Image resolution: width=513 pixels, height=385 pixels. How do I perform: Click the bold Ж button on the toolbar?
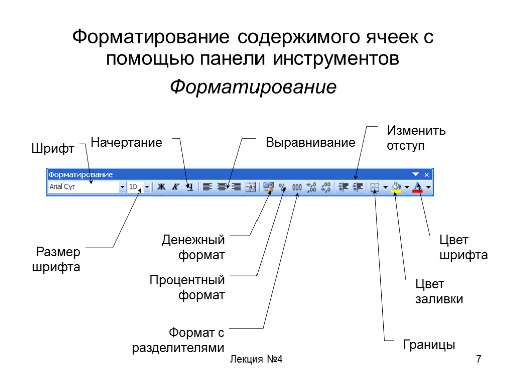tap(161, 187)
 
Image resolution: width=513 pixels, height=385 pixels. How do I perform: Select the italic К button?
tap(175, 187)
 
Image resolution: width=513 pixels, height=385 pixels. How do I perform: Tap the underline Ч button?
tap(189, 187)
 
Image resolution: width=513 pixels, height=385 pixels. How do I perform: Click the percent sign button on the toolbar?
tap(282, 187)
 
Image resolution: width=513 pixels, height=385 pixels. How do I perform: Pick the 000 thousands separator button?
tap(297, 187)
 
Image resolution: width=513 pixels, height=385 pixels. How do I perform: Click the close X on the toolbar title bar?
tap(427, 174)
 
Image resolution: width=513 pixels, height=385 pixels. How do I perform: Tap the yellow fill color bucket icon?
tap(396, 187)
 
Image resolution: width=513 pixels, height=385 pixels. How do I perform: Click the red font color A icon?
tap(418, 187)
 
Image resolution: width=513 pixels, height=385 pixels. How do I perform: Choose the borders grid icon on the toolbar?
tap(374, 187)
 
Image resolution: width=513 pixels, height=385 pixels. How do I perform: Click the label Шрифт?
tap(53, 149)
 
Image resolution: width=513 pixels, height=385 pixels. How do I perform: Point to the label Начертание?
tap(126, 143)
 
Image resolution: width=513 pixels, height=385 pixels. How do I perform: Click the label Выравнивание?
tap(310, 143)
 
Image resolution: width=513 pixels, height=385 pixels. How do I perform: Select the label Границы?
tap(429, 345)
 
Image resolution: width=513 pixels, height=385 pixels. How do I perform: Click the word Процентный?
tap(187, 280)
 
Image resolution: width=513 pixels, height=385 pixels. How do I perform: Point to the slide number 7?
tap(478, 359)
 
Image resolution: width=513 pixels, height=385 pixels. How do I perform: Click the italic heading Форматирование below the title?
tap(253, 87)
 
